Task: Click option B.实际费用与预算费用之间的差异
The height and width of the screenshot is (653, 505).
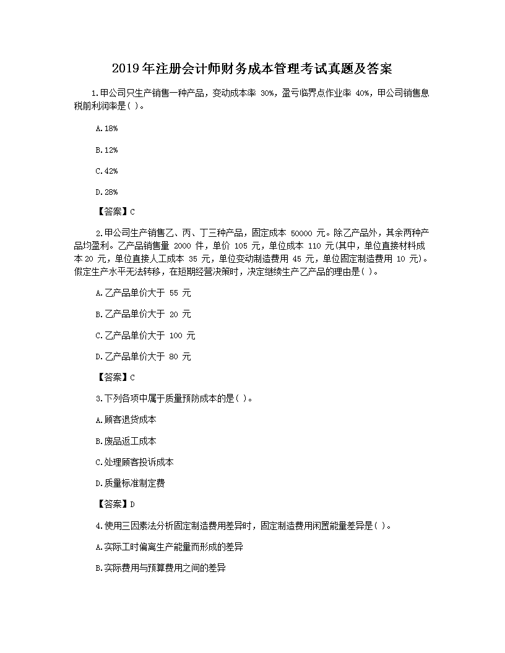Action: coord(161,568)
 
